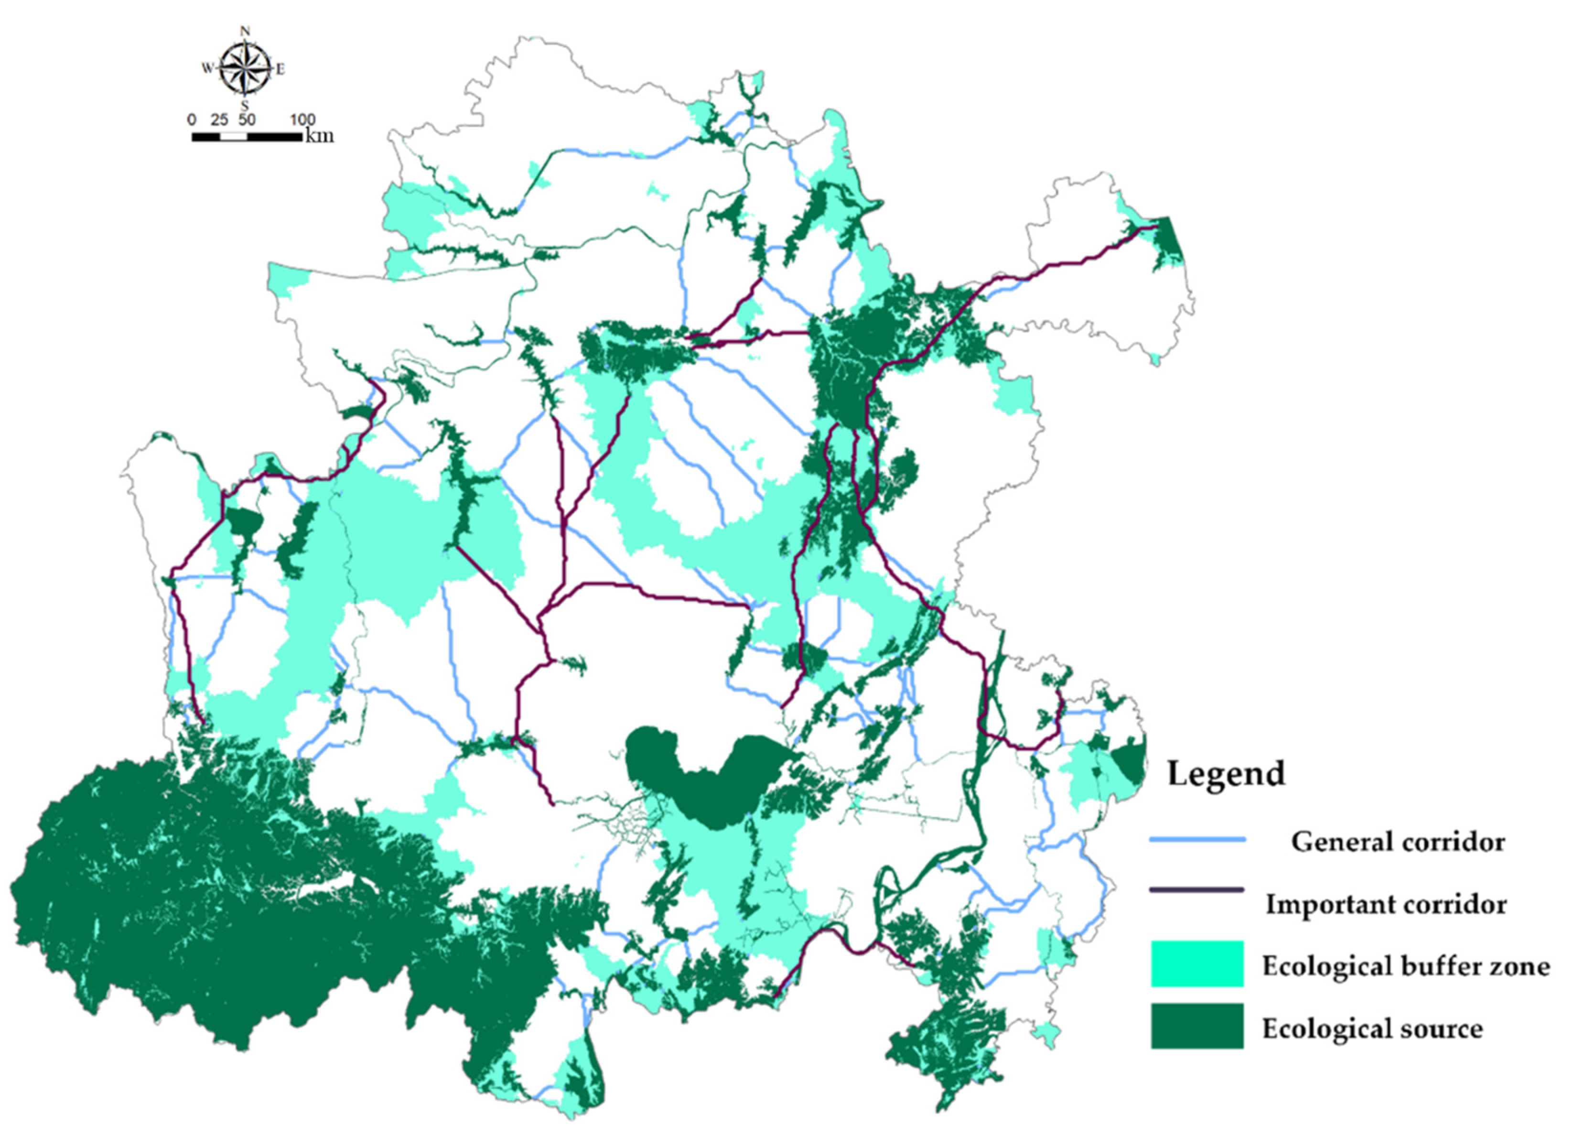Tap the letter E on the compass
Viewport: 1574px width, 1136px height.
(280, 69)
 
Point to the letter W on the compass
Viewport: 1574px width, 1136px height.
(207, 68)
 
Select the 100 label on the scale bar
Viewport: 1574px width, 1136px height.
(302, 119)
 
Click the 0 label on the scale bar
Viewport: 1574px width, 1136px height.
(192, 119)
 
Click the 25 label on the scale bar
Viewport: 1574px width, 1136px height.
(219, 119)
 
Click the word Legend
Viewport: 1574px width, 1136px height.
(1226, 774)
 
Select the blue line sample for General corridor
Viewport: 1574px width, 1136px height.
(1197, 840)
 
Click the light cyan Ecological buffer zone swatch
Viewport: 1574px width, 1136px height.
(1197, 964)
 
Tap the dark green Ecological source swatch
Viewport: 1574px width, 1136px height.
(1197, 1026)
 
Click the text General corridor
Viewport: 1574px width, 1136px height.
(1397, 842)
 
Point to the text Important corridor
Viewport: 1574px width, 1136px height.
(1386, 904)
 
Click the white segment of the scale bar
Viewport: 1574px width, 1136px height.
(234, 136)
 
